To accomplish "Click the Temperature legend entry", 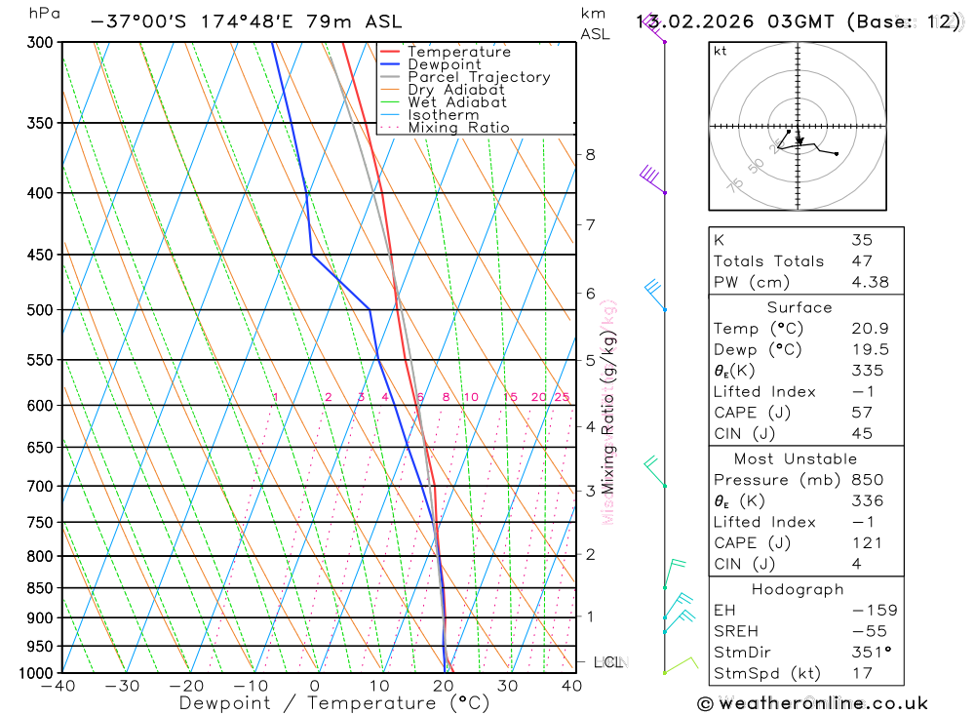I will pyautogui.click(x=458, y=52).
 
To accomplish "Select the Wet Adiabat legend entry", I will pyautogui.click(x=456, y=102).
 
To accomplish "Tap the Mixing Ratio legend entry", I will pyautogui.click(x=458, y=128).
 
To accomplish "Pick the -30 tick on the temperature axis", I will pyautogui.click(x=123, y=686).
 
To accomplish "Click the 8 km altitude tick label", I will pyautogui.click(x=590, y=154).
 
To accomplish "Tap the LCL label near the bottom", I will pyautogui.click(x=608, y=662).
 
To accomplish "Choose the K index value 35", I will pyautogui.click(x=862, y=240).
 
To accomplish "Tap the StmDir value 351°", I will pyautogui.click(x=866, y=653).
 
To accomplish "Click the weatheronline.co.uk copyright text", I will pyautogui.click(x=812, y=703).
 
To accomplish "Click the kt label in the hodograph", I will pyautogui.click(x=720, y=51).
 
